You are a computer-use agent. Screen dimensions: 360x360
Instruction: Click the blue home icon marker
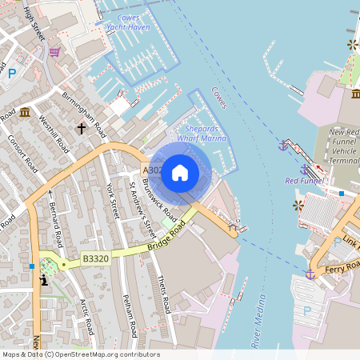coord(180,172)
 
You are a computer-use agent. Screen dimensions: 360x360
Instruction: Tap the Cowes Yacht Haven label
coord(128,22)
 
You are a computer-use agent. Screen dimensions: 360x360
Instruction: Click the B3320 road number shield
coord(95,259)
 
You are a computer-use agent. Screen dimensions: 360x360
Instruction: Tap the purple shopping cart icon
coord(54,52)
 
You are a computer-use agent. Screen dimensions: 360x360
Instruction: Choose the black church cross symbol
coord(81,127)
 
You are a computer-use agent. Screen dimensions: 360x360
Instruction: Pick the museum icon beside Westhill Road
coord(25,111)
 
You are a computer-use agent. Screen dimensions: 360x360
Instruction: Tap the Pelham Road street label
coord(131,317)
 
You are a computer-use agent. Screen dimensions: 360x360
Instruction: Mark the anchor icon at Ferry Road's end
coord(310,274)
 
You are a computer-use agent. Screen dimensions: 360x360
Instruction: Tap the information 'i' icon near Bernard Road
coord(43,280)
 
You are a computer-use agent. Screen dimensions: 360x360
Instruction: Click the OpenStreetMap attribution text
coord(80,354)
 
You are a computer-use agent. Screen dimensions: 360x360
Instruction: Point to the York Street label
coord(112,201)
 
